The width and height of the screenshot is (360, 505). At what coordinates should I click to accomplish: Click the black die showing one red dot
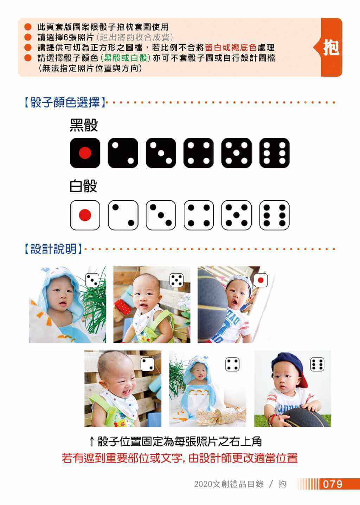(85, 153)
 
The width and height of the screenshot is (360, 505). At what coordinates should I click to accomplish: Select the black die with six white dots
(274, 153)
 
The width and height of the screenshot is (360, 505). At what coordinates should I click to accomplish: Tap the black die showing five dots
(236, 153)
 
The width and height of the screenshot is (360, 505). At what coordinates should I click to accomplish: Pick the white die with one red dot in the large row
(85, 215)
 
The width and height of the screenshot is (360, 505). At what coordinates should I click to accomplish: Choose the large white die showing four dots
(199, 215)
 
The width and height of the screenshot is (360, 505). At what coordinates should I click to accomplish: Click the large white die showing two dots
(123, 215)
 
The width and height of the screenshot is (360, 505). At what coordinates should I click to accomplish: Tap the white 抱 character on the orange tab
(331, 47)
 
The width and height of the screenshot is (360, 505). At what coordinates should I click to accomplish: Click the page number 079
(333, 484)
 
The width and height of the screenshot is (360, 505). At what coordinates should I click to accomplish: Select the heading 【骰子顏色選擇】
(65, 102)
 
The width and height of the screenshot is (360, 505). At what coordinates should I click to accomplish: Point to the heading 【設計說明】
(53, 249)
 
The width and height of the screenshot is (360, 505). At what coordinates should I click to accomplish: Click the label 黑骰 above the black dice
(84, 125)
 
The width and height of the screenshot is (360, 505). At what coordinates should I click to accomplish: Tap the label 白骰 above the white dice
(83, 186)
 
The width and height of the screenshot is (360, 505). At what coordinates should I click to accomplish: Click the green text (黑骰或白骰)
(126, 58)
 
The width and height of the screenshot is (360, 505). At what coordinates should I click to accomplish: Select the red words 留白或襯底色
(231, 47)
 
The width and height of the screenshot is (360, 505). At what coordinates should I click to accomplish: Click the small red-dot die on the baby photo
(261, 280)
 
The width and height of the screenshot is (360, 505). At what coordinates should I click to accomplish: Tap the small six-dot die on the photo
(317, 364)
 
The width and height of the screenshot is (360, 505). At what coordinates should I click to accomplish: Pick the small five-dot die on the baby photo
(176, 280)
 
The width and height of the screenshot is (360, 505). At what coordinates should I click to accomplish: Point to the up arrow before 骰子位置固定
(91, 442)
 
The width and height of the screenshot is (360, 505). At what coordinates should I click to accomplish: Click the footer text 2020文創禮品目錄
(229, 484)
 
